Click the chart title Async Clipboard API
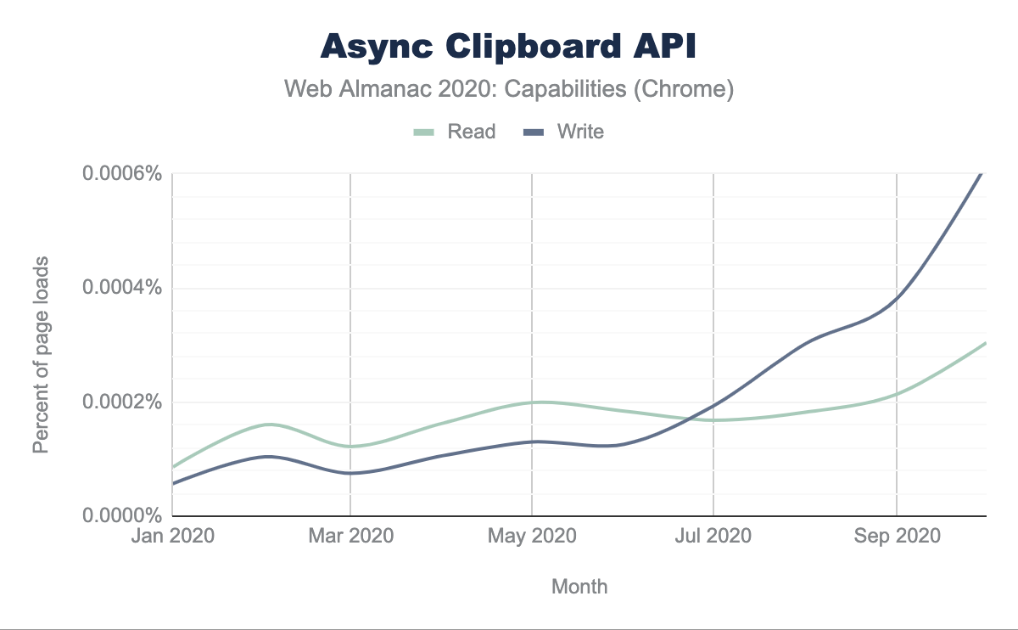(x=509, y=48)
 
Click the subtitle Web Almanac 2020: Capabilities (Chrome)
(x=509, y=89)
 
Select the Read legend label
(x=471, y=132)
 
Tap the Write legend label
(x=580, y=132)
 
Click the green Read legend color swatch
(x=423, y=132)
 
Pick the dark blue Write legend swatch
(x=534, y=132)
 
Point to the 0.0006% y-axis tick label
(x=121, y=174)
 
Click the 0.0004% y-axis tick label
(x=121, y=288)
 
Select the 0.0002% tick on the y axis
(x=121, y=402)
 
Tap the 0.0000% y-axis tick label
(x=121, y=515)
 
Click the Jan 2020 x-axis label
(x=172, y=537)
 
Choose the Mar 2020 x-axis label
(x=350, y=537)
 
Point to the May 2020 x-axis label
(x=532, y=537)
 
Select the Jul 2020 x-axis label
(x=713, y=537)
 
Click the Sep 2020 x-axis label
(x=897, y=537)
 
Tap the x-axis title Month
(x=579, y=587)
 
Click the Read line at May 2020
(x=532, y=402)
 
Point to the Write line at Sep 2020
(x=897, y=298)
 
